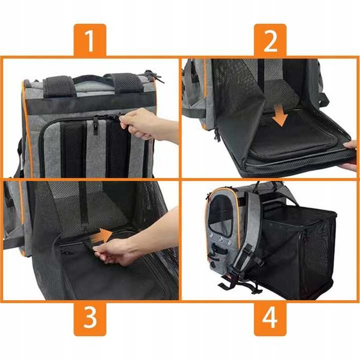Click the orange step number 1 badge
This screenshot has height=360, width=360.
[90, 40]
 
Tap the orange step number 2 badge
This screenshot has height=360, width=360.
[270, 40]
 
